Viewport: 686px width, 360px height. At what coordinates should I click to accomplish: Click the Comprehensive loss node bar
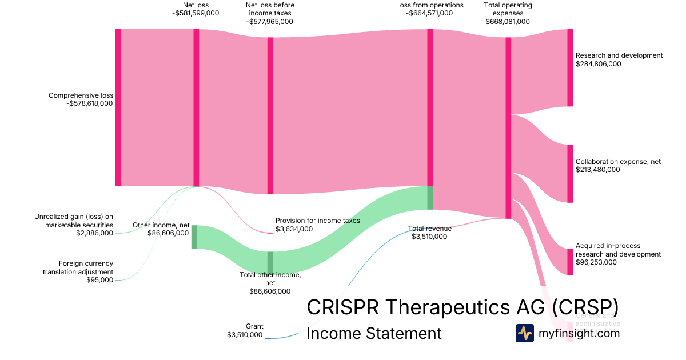tap(118, 107)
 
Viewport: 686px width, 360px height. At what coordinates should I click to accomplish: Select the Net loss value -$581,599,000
tap(196, 13)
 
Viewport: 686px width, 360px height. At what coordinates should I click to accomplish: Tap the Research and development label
tap(619, 55)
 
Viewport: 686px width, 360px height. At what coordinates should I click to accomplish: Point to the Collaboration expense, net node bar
tap(569, 174)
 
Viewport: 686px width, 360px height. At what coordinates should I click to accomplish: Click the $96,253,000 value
tap(596, 262)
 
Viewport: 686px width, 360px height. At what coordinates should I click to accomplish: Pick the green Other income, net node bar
tap(194, 237)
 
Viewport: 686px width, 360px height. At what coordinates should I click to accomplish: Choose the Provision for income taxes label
tap(317, 221)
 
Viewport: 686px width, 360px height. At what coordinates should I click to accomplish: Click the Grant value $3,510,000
tap(245, 335)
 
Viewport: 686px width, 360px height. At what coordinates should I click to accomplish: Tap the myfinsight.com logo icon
tap(524, 333)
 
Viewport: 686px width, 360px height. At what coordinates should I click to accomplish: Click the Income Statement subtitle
tap(374, 333)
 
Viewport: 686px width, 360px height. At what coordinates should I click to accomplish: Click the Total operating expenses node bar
tap(508, 128)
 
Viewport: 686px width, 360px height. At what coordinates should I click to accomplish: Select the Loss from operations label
tap(430, 5)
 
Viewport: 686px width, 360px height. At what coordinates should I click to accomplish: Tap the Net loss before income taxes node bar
tap(270, 115)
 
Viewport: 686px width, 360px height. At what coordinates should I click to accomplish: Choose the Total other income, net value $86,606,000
tap(270, 291)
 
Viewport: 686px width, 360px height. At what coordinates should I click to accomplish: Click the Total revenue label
tap(429, 229)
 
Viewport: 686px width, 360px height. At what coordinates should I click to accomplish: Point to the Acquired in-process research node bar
tap(569, 262)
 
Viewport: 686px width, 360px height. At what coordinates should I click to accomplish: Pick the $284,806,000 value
tap(599, 64)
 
